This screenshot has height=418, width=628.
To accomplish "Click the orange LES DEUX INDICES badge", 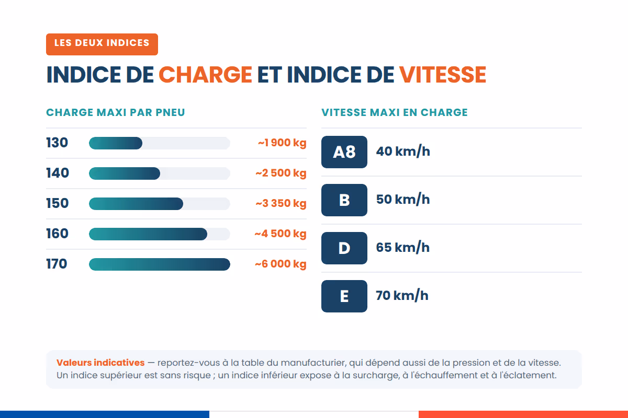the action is click(x=102, y=44).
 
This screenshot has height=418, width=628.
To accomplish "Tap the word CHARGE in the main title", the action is click(x=205, y=75).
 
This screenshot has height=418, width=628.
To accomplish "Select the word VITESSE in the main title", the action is click(x=442, y=75).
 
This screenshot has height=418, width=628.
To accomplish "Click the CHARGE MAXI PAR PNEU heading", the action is click(x=116, y=112).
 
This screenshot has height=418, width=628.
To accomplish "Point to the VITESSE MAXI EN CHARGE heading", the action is click(x=395, y=112).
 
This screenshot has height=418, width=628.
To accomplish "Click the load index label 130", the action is click(x=57, y=143).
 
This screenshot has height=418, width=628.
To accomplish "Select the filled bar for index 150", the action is click(x=136, y=204).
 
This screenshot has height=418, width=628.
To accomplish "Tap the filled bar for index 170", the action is click(x=160, y=264).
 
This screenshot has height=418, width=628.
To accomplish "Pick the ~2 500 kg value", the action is click(x=281, y=173).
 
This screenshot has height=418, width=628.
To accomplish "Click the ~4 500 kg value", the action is click(x=281, y=234).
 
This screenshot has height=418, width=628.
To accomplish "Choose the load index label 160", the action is click(x=58, y=234).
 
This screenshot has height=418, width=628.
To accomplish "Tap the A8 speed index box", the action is click(x=344, y=152).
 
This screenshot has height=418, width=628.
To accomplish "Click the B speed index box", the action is click(x=344, y=200).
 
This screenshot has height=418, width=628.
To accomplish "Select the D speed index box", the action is click(x=344, y=248).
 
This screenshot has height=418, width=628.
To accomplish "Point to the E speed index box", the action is click(x=344, y=296).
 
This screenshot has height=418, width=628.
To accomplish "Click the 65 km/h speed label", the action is click(x=403, y=248).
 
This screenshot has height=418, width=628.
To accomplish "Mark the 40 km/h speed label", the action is click(x=403, y=152).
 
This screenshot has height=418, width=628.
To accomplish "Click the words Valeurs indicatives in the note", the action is click(x=100, y=363).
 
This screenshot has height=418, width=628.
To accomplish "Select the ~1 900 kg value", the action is click(x=282, y=143).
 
